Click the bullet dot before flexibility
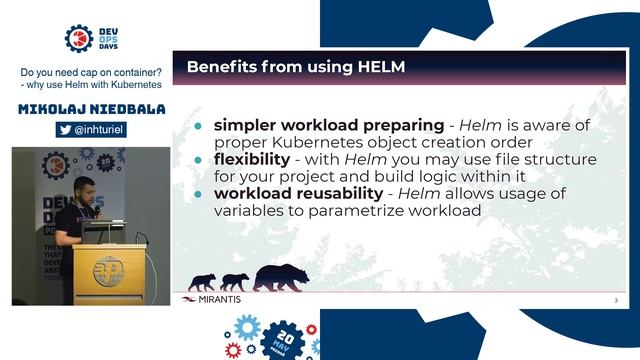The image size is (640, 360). [198, 160]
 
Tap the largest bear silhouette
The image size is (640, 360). [281, 276]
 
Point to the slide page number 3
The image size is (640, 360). [615, 299]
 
